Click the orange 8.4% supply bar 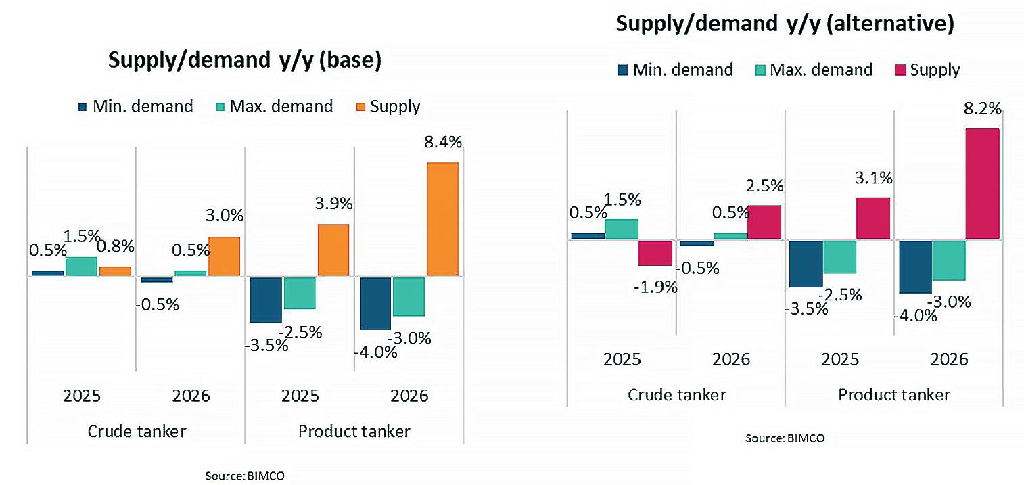pos(442,219)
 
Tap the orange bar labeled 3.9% pos(333,250)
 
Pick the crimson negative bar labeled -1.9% pos(655,253)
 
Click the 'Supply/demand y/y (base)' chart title pos(245,60)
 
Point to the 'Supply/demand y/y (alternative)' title pos(785,24)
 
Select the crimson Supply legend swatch pos(899,70)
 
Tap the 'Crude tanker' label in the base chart pos(137,431)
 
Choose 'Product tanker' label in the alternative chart pos(894,394)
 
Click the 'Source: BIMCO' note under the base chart pos(245,476)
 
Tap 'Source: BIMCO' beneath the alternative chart pos(785,438)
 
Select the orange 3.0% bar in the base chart pos(224,256)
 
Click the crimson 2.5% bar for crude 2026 pos(764,222)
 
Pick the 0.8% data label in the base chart pos(117,246)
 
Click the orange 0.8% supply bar pos(115,271)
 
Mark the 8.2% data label pos(982,110)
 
